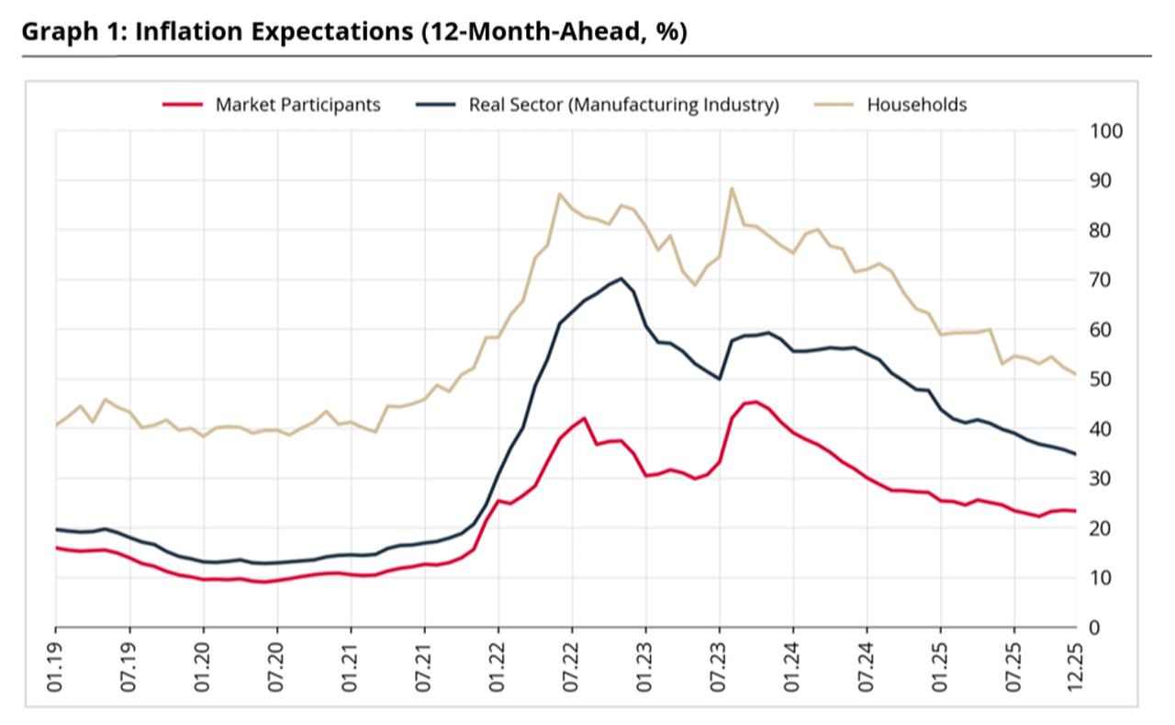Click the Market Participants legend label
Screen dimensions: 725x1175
[297, 105]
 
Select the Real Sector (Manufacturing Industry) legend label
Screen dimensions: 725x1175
[623, 105]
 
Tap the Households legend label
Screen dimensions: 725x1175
[916, 105]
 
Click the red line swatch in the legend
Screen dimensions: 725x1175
[182, 105]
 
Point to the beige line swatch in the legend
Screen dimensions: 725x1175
[834, 105]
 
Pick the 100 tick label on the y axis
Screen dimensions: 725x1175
[1106, 130]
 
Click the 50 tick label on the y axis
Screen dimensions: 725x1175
[1101, 379]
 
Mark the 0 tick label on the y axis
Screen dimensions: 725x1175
[1095, 627]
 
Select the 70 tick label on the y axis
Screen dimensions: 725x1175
[1101, 279]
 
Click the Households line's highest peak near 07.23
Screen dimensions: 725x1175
[732, 188]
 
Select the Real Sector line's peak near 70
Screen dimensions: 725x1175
[621, 278]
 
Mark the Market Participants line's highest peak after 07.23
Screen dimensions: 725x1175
[755, 402]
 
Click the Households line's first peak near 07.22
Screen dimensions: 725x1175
[560, 194]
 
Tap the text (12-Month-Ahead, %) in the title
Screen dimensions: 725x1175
[554, 31]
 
